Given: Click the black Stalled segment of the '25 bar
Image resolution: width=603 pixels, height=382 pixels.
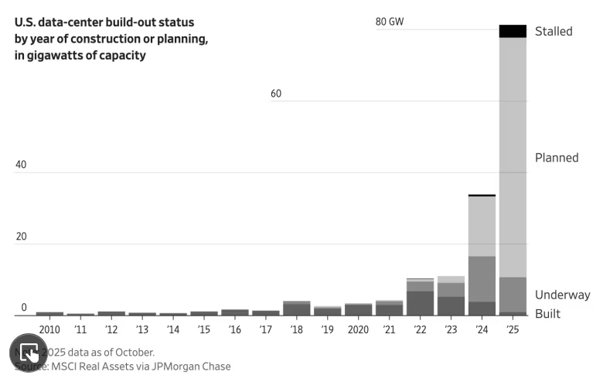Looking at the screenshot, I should (x=513, y=31).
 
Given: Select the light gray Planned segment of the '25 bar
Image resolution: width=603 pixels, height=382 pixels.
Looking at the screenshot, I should (x=513, y=155).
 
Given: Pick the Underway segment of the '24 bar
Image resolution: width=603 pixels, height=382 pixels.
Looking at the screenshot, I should (x=482, y=278).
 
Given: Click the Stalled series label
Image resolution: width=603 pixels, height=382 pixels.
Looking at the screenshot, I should (x=554, y=31).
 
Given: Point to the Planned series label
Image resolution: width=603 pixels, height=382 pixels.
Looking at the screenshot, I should (x=557, y=158).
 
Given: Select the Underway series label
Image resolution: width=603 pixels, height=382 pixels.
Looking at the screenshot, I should (x=562, y=295).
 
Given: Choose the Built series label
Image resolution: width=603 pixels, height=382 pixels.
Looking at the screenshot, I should (x=548, y=314).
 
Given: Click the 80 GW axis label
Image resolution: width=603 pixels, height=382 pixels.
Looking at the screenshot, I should (x=390, y=22).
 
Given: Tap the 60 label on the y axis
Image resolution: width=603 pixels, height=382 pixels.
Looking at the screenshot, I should (x=276, y=94).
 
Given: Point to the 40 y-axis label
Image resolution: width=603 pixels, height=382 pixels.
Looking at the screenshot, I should (x=21, y=165).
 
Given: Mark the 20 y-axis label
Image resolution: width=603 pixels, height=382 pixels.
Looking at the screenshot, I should (x=21, y=237).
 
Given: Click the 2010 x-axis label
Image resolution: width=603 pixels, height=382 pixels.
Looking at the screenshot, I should (x=49, y=329).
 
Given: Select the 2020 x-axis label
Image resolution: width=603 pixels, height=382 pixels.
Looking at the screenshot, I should (x=358, y=329).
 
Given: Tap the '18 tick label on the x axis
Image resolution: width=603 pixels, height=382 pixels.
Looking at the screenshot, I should (x=297, y=329).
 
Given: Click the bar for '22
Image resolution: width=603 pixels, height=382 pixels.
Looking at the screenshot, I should (x=420, y=298).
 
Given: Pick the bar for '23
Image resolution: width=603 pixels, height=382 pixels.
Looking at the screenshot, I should (x=451, y=297).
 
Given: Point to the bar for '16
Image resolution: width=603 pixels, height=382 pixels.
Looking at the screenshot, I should (x=235, y=312).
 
